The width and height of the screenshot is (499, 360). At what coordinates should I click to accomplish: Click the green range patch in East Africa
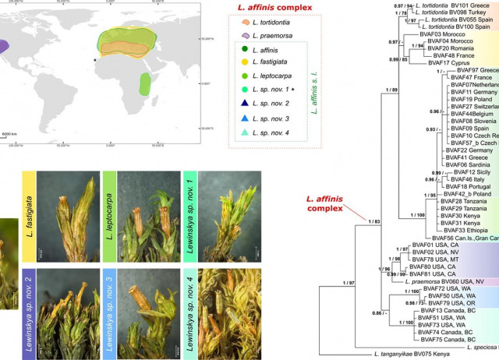(x=144, y=82)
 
